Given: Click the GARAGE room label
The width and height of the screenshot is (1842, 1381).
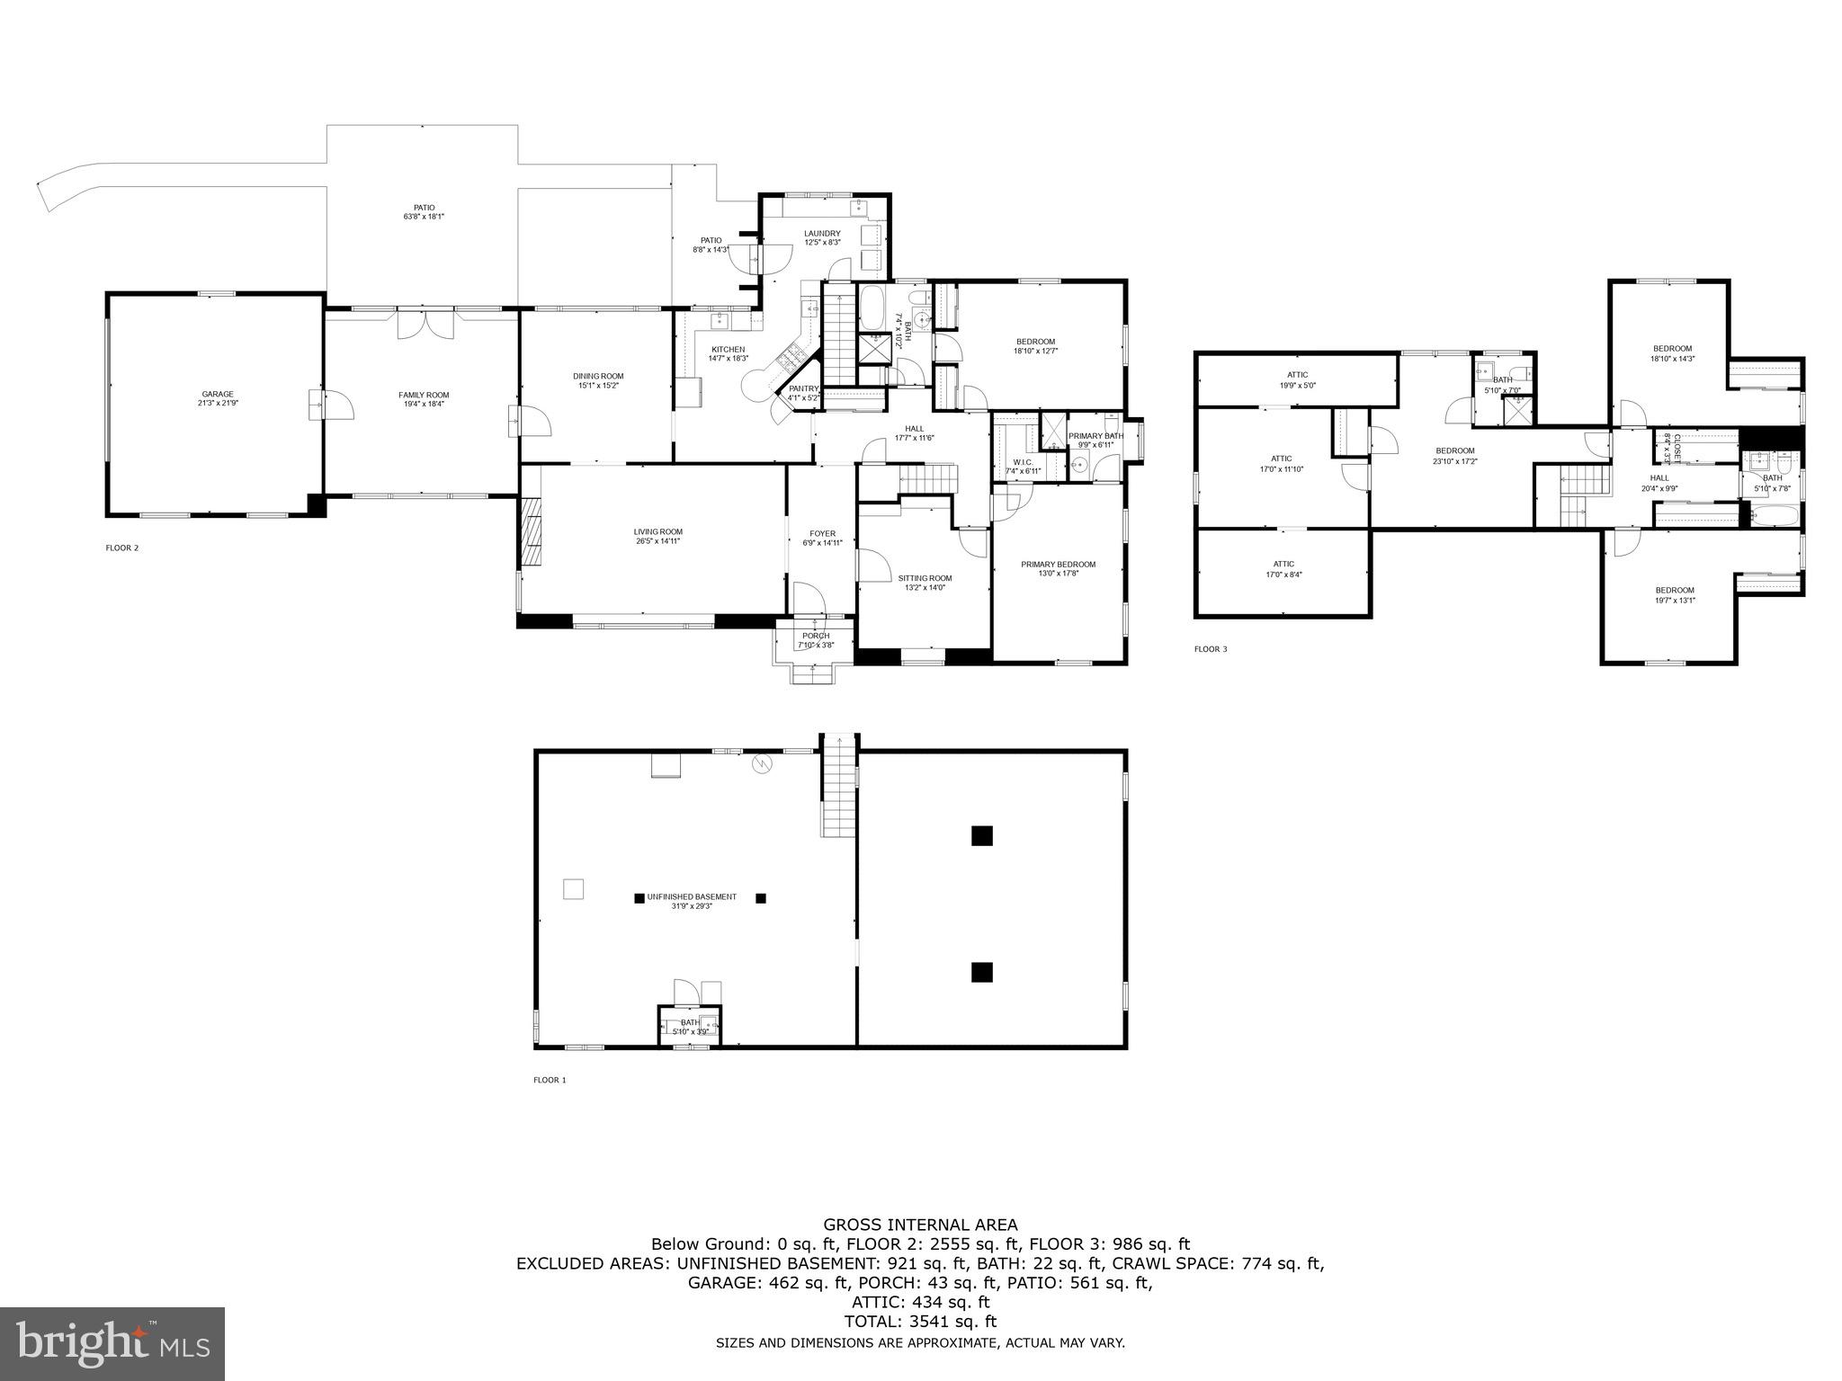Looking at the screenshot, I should [x=217, y=394].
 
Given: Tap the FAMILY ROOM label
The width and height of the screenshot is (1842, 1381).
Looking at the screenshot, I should [x=424, y=395].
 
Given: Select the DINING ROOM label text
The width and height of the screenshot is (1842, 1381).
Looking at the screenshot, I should [x=598, y=376].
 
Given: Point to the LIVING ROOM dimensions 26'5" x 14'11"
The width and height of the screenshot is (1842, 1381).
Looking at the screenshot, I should [x=657, y=541].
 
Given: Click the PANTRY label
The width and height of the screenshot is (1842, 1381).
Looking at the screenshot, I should [x=803, y=388].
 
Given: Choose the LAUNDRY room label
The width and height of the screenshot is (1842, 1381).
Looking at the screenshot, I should [x=822, y=234].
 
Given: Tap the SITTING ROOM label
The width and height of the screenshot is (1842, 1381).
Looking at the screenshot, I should [x=925, y=578].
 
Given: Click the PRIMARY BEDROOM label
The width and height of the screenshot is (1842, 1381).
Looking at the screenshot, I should [x=1058, y=565].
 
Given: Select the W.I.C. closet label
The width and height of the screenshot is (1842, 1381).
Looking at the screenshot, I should [x=1022, y=463].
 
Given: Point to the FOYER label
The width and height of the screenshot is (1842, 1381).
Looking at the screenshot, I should [x=822, y=533].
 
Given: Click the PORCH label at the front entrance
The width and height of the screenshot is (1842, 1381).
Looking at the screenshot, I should [x=816, y=636].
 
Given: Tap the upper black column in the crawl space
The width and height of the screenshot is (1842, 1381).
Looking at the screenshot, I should [x=981, y=835].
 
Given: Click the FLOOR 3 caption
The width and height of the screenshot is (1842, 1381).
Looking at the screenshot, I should [x=1210, y=648].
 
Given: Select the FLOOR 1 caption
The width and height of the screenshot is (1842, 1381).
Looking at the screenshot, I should [x=550, y=1080].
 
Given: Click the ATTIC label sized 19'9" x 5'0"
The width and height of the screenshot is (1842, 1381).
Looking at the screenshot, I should [x=1297, y=375].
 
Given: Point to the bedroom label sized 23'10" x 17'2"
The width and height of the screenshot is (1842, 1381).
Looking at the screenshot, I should [x=1454, y=450].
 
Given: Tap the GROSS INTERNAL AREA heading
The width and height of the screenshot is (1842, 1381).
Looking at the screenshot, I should [x=920, y=1225].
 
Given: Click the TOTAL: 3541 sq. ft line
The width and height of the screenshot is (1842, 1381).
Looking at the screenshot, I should [x=920, y=1322].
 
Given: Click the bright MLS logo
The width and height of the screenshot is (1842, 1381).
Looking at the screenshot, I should [x=112, y=1343].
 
